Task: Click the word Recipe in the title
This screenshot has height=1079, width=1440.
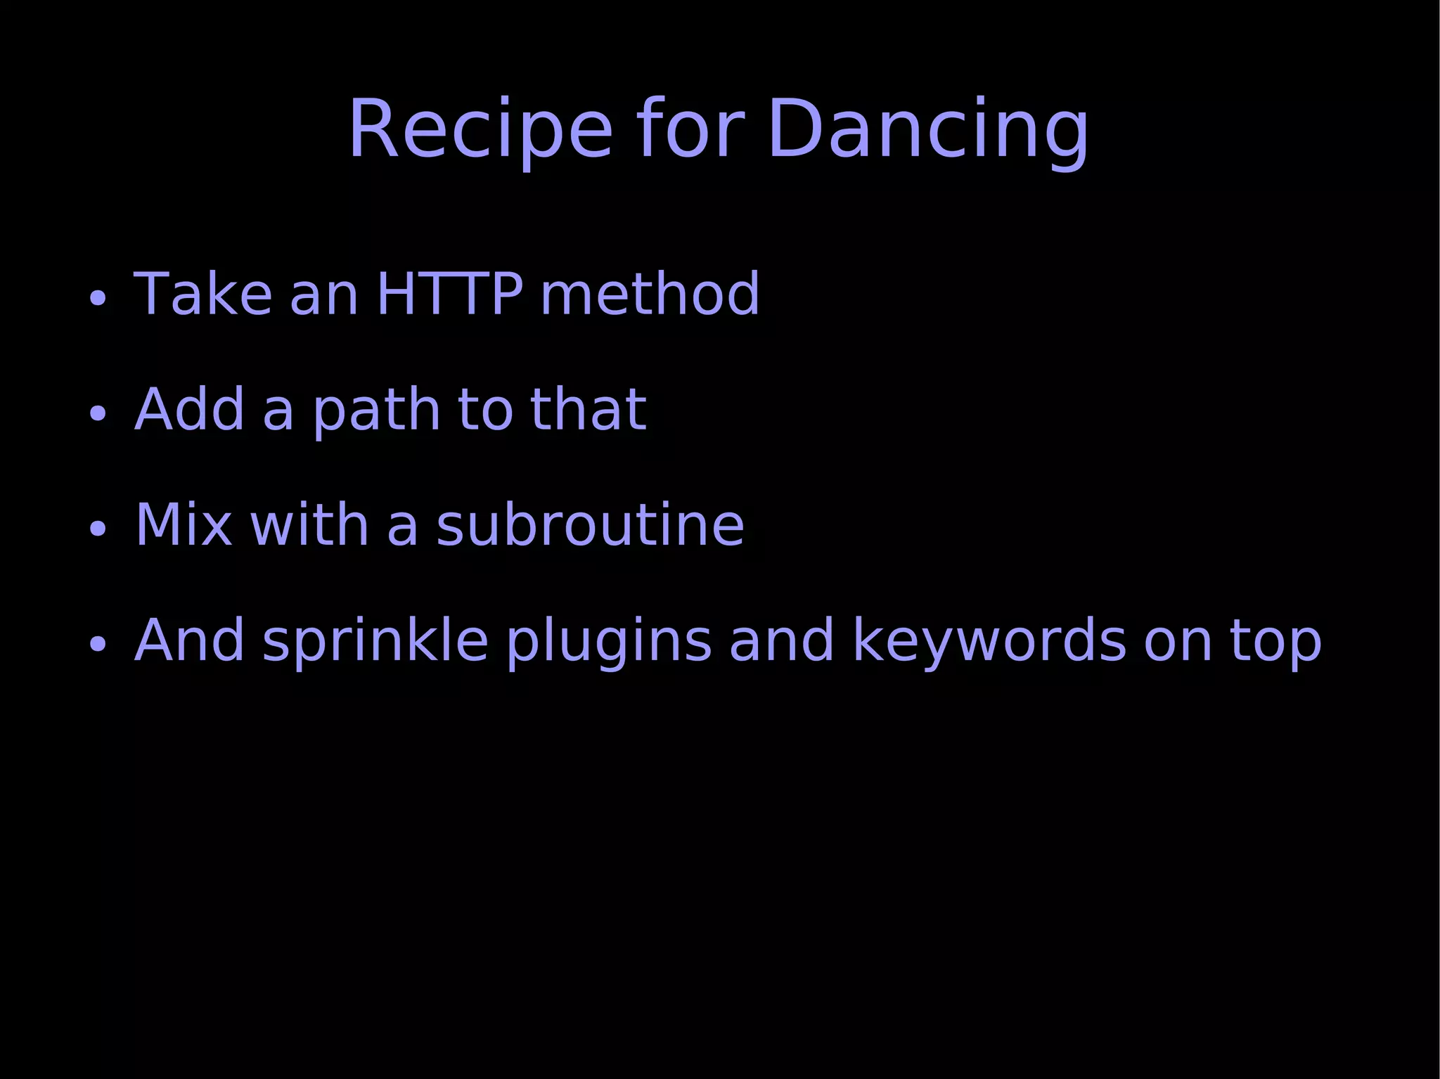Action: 480,131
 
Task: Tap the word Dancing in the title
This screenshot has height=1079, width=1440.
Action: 927,131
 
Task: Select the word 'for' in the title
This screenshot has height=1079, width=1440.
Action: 690,131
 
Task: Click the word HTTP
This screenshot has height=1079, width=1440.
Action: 450,294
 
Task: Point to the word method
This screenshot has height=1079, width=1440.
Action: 650,294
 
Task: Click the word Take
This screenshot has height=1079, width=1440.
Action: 202,294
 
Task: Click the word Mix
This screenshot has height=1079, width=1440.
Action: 183,525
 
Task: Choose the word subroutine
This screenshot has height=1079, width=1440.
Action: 590,525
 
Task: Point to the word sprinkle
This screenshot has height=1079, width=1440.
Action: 375,641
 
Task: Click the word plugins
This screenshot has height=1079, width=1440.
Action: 609,641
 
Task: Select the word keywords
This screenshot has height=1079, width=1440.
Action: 990,641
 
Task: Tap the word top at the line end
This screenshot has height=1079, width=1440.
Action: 1275,641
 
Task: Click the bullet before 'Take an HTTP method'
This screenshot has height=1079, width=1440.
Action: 98,299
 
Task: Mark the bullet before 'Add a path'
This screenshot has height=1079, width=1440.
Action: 98,414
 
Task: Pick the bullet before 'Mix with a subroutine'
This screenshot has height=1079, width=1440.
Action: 98,529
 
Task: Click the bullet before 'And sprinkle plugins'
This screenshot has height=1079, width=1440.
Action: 98,645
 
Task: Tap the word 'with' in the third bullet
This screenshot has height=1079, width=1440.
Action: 309,525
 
